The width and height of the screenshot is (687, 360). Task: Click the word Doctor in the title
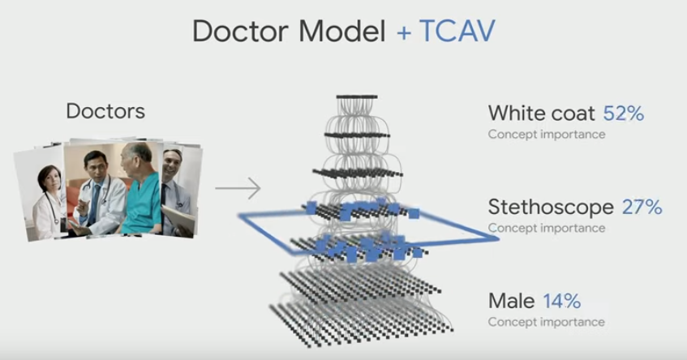pos(240,31)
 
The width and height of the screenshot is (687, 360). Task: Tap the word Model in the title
pos(342,31)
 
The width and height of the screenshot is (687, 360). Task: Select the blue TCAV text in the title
pos(457,31)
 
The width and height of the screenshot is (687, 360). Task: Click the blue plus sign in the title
pos(404,32)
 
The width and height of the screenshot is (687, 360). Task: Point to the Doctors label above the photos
pos(105,111)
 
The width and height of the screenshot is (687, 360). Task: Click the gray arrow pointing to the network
pos(238,188)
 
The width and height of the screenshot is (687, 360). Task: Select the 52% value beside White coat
pos(624,114)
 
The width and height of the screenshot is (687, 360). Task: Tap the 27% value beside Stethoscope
pos(642,207)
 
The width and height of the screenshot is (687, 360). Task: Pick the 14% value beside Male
pos(562,301)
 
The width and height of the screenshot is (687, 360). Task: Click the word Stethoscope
pos(551,207)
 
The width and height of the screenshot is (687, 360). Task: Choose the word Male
pos(511,301)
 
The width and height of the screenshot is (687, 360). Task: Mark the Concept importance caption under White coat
pos(547,135)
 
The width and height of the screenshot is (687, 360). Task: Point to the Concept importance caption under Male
pos(547,322)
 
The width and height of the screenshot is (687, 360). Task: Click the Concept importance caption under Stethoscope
pos(547,228)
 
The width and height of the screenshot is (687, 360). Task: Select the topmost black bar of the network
pos(357,96)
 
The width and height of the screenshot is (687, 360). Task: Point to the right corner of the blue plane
pos(498,238)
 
